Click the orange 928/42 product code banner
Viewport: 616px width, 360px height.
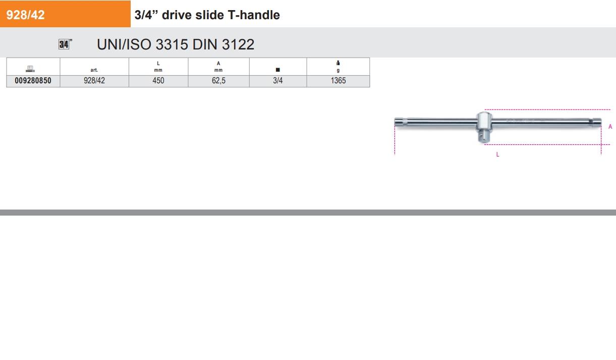point(65,14)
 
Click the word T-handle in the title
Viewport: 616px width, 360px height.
point(254,15)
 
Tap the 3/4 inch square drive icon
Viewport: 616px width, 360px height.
point(65,44)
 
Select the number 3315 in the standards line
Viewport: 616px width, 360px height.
point(172,44)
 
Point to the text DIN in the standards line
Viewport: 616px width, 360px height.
point(205,44)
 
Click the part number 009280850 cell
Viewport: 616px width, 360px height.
point(33,81)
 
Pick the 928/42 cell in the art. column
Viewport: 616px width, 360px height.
point(94,81)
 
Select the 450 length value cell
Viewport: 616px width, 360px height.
point(158,81)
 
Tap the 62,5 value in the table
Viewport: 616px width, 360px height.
point(218,81)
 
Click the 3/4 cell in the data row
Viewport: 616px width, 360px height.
point(278,81)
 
